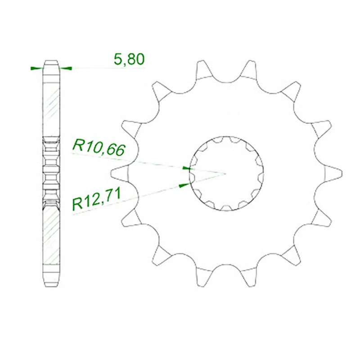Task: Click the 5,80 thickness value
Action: (129, 59)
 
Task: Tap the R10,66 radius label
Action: (99, 148)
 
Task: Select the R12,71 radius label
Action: (96, 199)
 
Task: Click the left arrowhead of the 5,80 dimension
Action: (37, 68)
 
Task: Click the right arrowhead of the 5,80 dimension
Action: (66, 68)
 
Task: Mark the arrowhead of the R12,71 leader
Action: (184, 185)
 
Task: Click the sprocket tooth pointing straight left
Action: (119, 172)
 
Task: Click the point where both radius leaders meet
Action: (226, 173)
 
